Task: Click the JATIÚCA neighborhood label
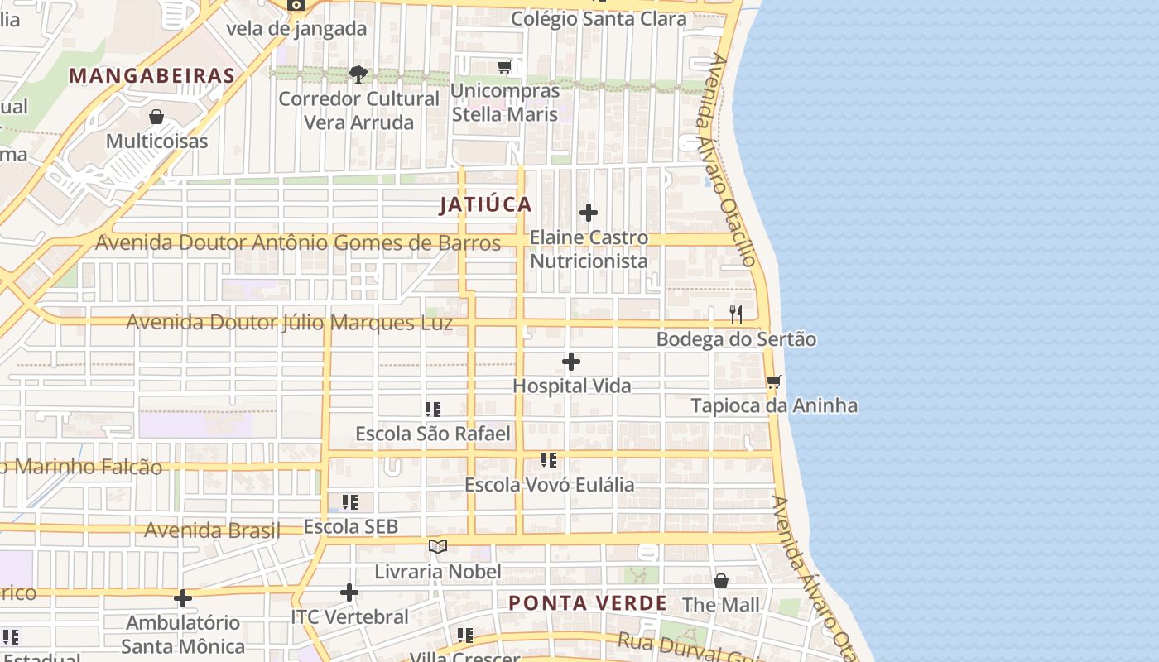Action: (x=486, y=204)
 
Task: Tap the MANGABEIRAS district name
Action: (x=151, y=76)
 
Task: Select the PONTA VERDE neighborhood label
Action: (x=587, y=603)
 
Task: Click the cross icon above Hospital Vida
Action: (x=571, y=362)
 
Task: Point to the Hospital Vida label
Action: (x=572, y=386)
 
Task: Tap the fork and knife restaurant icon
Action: (x=735, y=314)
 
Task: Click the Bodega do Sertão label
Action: (x=736, y=339)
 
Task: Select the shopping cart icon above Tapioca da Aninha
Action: (x=774, y=381)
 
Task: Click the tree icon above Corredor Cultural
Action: (x=358, y=74)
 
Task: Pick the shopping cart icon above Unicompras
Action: (x=505, y=66)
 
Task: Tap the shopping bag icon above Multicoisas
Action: (x=156, y=117)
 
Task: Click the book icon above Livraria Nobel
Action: (x=438, y=547)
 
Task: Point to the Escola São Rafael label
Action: (x=433, y=434)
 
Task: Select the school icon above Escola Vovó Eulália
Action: (x=549, y=460)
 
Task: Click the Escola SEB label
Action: (x=351, y=526)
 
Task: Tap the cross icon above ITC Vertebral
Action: (x=349, y=592)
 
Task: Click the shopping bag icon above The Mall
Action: (x=721, y=581)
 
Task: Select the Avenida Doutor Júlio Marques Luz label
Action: (x=290, y=322)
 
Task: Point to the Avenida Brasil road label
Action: (x=212, y=530)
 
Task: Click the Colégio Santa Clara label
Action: (x=599, y=18)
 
